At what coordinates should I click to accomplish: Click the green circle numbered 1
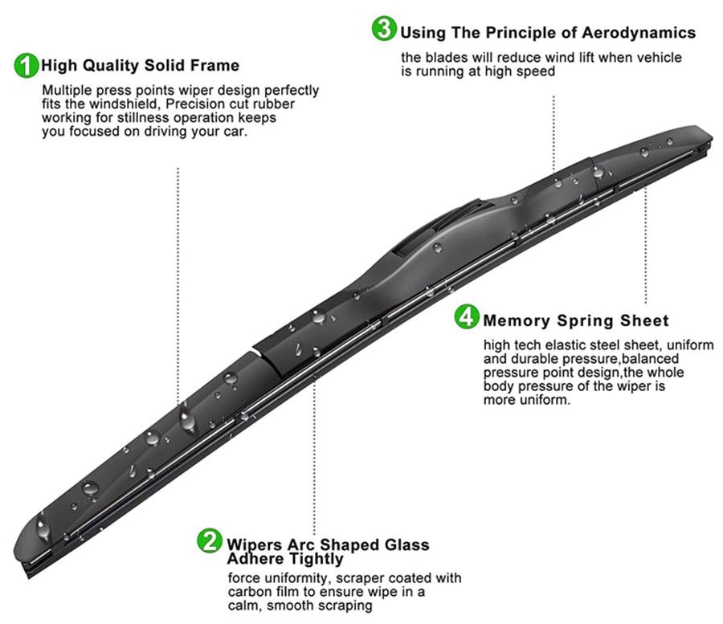pyautogui.click(x=27, y=66)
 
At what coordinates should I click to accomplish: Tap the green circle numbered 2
pyautogui.click(x=209, y=541)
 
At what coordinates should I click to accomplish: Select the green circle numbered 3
pyautogui.click(x=384, y=29)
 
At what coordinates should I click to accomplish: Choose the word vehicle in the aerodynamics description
pyautogui.click(x=658, y=58)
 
